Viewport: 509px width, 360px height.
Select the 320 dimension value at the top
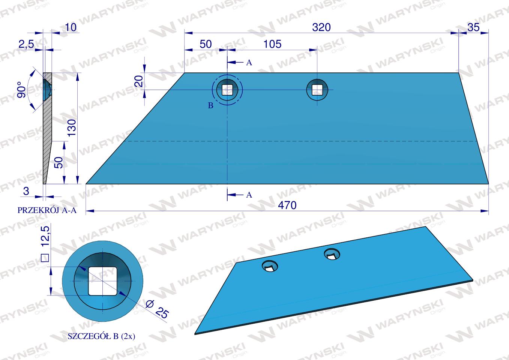[x=321, y=27]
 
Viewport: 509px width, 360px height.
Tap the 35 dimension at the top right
[x=473, y=27]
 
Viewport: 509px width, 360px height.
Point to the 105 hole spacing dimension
[x=272, y=44]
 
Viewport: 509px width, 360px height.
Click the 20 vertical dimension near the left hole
[x=139, y=81]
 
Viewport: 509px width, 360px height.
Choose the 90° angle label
[x=22, y=90]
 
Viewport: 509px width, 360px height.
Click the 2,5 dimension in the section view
[x=26, y=44]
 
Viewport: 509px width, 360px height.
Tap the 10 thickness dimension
[x=70, y=27]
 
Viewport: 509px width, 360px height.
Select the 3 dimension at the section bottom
[x=26, y=191]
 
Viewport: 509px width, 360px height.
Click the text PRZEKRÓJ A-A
[x=47, y=210]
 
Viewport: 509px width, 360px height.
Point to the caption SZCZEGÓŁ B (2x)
[x=101, y=336]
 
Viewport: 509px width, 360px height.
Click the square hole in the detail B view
[x=102, y=280]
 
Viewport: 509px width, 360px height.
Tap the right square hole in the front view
[x=317, y=90]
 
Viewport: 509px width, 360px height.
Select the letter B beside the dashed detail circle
[x=210, y=106]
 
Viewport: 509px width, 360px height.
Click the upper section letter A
[x=249, y=63]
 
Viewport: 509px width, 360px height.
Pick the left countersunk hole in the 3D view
[x=270, y=267]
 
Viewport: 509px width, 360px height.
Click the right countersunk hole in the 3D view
[x=332, y=254]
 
